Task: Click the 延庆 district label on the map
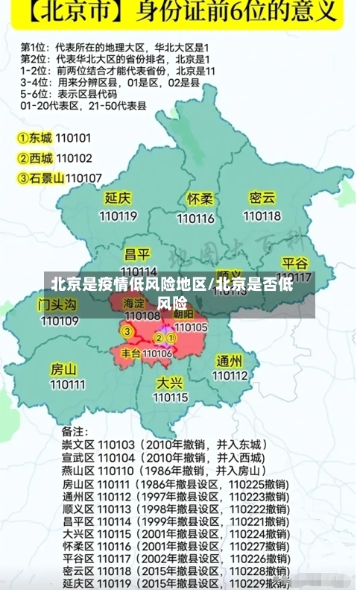click(118, 198)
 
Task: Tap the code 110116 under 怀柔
click(196, 219)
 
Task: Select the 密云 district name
click(262, 198)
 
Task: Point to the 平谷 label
click(295, 264)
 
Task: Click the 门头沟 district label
click(57, 305)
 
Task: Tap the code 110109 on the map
click(60, 321)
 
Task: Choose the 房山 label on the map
click(63, 369)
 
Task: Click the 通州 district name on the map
click(229, 361)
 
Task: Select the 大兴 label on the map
click(170, 383)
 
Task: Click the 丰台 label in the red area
click(130, 353)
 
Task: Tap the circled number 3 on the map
click(127, 331)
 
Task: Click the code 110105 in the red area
click(191, 327)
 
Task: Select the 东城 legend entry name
click(41, 138)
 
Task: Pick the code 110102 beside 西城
click(74, 158)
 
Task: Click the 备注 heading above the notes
click(75, 431)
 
